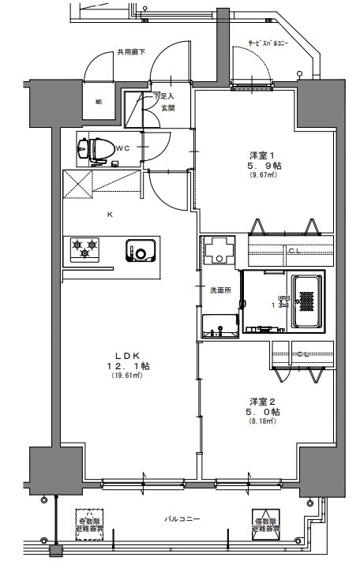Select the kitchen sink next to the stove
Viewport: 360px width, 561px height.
(x=140, y=251)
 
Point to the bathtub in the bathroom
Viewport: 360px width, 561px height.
(x=307, y=302)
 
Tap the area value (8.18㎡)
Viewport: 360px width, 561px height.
(x=263, y=422)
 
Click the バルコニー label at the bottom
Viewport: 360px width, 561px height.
(x=182, y=519)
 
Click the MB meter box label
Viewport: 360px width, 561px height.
(x=99, y=102)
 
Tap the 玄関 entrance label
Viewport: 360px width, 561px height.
(x=167, y=108)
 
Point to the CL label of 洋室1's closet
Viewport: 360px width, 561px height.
(x=293, y=251)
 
